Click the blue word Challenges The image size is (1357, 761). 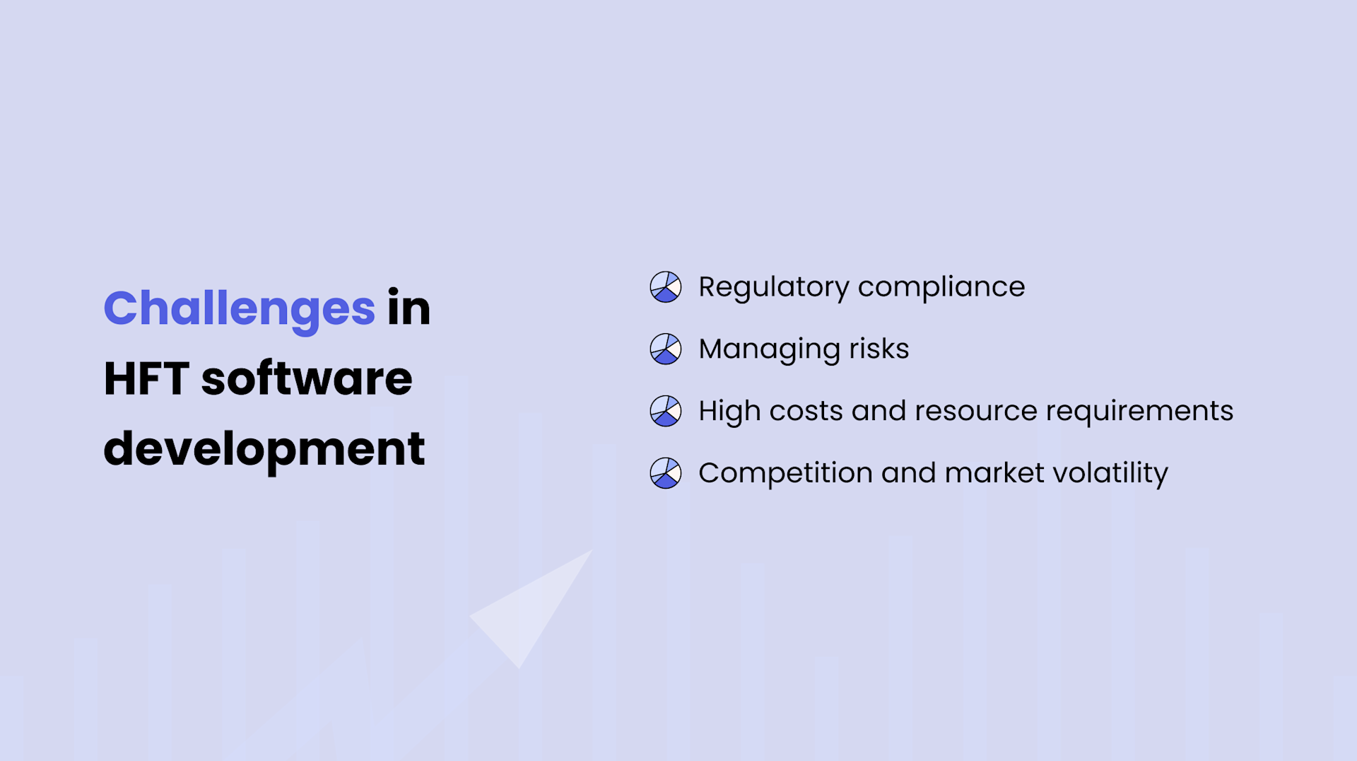click(x=239, y=309)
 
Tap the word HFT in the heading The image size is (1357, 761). click(x=146, y=378)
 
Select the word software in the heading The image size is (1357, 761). click(x=307, y=378)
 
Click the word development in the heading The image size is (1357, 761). click(x=264, y=449)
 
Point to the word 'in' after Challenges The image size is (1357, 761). click(x=409, y=309)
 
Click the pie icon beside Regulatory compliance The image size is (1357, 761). click(x=665, y=287)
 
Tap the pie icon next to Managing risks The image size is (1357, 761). click(x=665, y=349)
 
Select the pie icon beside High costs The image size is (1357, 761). click(x=665, y=411)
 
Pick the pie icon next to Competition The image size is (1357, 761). click(x=665, y=473)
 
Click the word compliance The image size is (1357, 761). click(x=941, y=287)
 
